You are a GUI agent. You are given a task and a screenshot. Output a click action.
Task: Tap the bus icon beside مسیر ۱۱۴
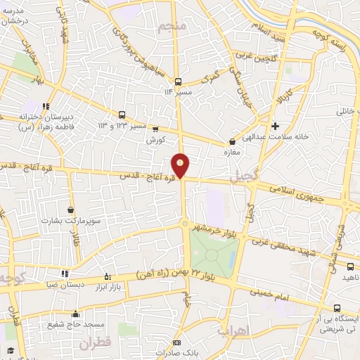tap(179, 81)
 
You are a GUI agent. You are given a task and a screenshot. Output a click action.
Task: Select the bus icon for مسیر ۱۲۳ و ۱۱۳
tap(123, 115)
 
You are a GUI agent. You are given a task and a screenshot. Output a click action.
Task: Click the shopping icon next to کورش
tap(155, 129)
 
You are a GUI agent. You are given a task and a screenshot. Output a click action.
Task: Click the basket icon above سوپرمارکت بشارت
tap(70, 210)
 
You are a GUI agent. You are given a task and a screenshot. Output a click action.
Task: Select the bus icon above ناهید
tap(351, 266)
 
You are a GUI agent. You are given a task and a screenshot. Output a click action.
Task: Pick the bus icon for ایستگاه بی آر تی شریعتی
tap(337, 308)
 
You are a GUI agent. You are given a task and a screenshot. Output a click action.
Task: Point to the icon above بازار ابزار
tap(107, 276)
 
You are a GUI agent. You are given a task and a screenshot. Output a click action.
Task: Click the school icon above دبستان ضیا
tap(64, 274)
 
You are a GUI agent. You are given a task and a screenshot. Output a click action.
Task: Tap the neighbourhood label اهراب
tap(233, 330)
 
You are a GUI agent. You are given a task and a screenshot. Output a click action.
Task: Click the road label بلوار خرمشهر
tap(224, 233)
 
